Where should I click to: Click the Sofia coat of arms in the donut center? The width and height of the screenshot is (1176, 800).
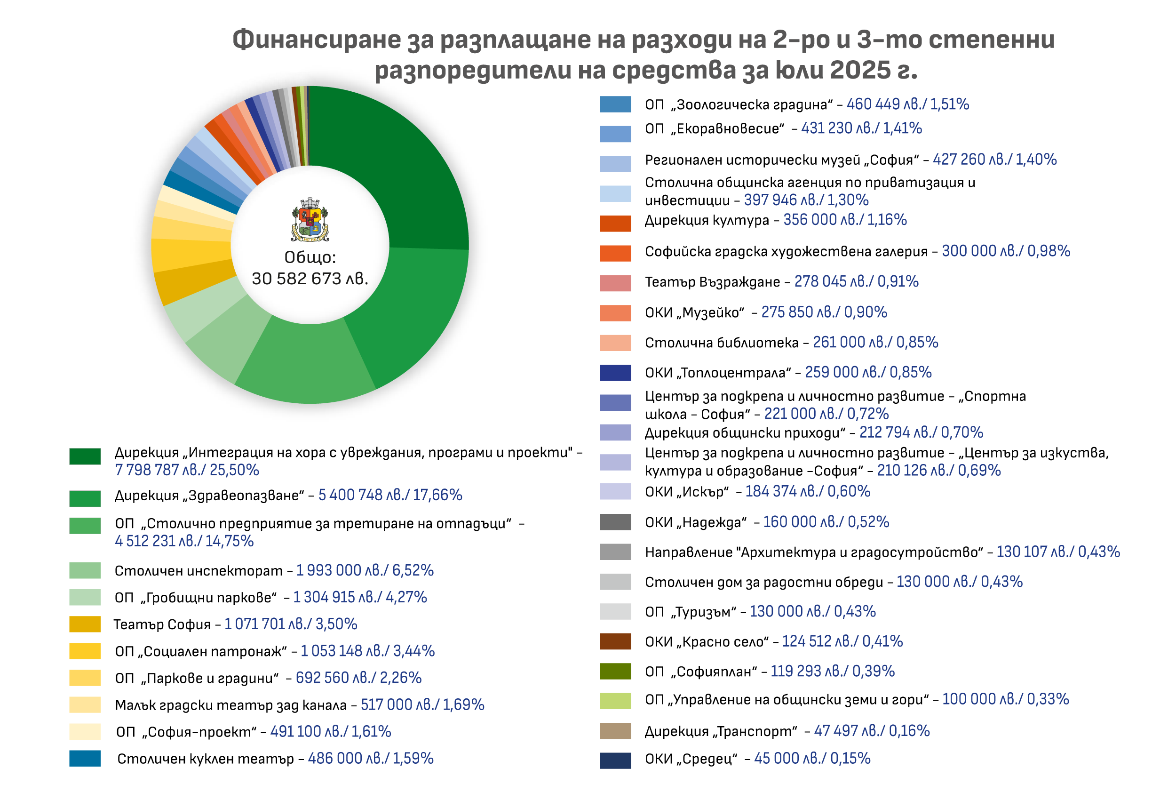point(310,219)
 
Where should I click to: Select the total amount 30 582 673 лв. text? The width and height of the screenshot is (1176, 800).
point(310,279)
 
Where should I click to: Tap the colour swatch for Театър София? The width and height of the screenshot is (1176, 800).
point(85,624)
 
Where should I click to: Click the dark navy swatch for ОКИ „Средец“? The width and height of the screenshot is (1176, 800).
point(615,760)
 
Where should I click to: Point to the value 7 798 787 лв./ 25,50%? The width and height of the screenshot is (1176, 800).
point(187,470)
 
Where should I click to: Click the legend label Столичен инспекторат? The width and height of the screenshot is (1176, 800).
point(199,571)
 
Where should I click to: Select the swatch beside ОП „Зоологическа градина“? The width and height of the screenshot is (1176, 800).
point(615,104)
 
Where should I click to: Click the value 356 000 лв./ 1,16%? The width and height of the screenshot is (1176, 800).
point(844,220)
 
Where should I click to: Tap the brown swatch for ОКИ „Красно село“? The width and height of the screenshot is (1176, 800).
point(615,641)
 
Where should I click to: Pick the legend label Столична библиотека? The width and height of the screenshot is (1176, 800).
point(721,343)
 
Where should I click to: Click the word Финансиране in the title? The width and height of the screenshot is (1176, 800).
point(316,40)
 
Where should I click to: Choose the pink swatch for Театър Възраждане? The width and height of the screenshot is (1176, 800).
point(615,283)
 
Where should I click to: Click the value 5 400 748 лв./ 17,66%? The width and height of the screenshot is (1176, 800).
point(389,495)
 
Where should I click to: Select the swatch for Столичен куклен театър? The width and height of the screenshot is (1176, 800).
point(85,758)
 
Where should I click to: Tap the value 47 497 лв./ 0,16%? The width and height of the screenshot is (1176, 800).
point(871,731)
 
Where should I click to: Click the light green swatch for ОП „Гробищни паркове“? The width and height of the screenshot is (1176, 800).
point(85,597)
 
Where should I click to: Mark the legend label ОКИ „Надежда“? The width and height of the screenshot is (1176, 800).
point(695,522)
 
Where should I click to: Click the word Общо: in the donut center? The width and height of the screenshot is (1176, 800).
point(310,257)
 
